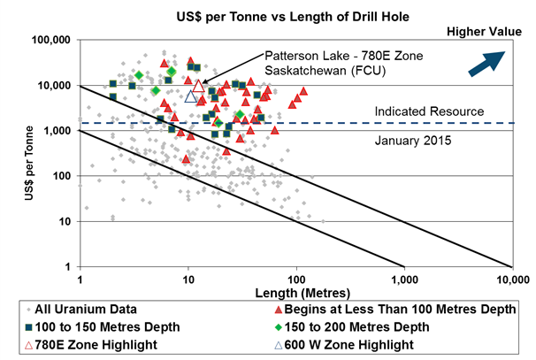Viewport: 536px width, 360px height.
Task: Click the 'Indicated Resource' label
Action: tap(429, 112)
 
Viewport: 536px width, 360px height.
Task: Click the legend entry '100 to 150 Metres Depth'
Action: tap(97, 327)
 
